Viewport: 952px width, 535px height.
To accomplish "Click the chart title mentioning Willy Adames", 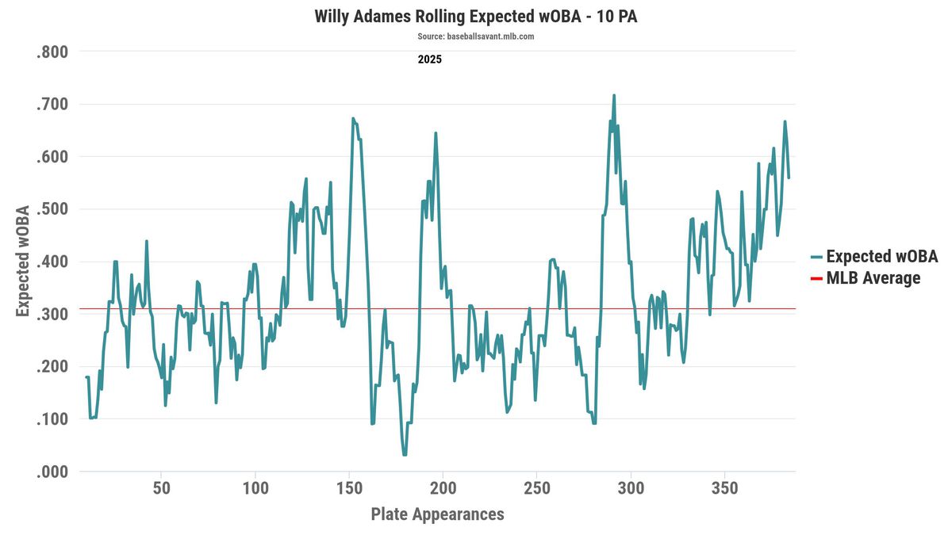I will [x=475, y=17].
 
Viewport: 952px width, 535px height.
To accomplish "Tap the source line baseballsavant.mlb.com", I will [x=475, y=36].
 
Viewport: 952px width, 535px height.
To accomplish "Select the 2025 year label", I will [x=429, y=59].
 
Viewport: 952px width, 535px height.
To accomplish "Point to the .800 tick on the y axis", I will [x=52, y=52].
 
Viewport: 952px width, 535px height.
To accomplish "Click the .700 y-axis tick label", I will [x=52, y=105].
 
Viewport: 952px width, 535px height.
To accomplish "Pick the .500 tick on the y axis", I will [x=52, y=209].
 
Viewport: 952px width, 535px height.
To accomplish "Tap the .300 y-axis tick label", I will [x=52, y=314].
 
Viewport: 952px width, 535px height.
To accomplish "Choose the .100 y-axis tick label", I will [x=52, y=419].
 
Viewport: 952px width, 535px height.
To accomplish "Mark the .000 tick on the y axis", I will [x=52, y=472].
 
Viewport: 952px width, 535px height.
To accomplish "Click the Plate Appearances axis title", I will [x=437, y=514].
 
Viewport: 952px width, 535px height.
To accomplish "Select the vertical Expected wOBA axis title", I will [x=23, y=262].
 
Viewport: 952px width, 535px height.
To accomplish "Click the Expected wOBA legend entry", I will [x=881, y=257].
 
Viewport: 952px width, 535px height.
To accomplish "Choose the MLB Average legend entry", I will [x=873, y=278].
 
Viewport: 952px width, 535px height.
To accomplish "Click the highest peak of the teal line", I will [x=613, y=96].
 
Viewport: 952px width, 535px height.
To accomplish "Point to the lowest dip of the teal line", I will [x=405, y=454].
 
